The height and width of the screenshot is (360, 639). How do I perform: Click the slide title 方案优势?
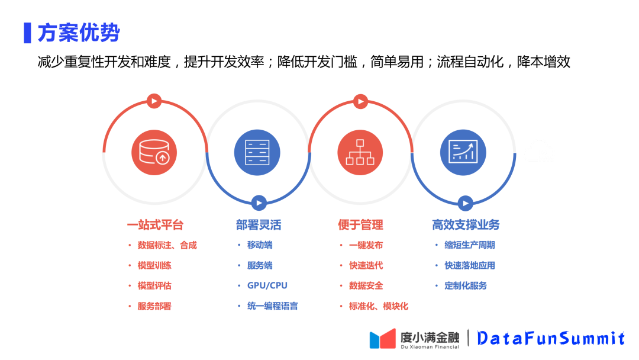click(78, 33)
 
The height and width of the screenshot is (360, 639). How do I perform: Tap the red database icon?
click(154, 152)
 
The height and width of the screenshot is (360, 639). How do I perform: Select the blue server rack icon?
click(257, 152)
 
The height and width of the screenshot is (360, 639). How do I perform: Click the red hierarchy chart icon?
click(360, 152)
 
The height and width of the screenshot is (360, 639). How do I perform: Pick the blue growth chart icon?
click(463, 152)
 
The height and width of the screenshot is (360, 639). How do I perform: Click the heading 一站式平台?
click(155, 225)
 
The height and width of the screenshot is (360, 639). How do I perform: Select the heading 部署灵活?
click(258, 225)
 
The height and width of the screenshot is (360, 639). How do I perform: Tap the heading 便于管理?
click(360, 225)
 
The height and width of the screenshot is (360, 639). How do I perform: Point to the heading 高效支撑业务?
click(466, 225)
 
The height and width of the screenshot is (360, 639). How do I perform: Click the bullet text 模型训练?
click(154, 265)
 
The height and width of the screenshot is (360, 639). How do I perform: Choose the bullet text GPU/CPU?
click(267, 285)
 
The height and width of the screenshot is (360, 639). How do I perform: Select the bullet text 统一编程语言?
click(272, 306)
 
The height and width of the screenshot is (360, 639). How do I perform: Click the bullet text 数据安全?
click(366, 285)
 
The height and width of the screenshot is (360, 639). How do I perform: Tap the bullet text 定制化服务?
click(466, 285)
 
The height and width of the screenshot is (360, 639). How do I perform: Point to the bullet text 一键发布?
click(366, 245)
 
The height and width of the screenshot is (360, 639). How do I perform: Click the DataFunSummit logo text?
click(551, 338)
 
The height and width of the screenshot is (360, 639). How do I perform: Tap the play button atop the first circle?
click(154, 101)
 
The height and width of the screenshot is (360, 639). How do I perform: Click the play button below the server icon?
click(258, 203)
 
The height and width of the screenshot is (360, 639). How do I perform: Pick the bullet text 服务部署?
click(154, 306)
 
